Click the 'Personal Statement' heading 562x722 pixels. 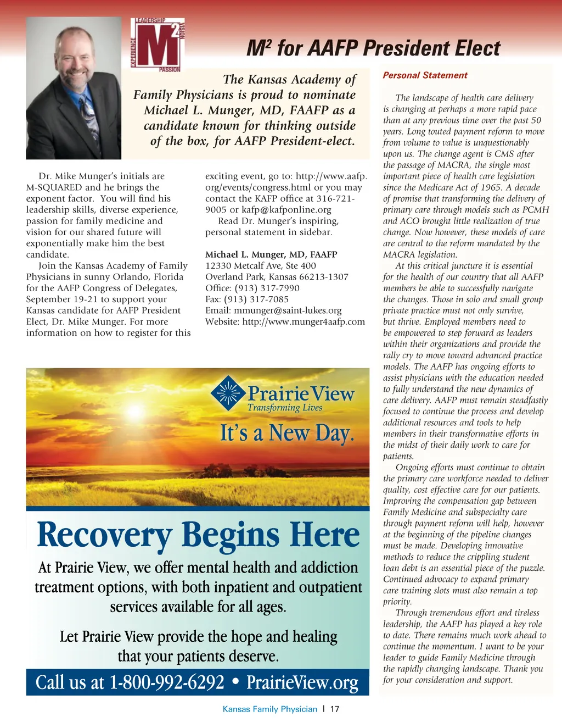pyautogui.click(x=425, y=75)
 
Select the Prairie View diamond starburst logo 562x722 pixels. pyautogui.click(x=227, y=393)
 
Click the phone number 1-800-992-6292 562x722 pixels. pyautogui.click(x=167, y=682)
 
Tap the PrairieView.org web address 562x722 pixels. pyautogui.click(x=302, y=682)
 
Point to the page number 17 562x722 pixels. pyautogui.click(x=334, y=709)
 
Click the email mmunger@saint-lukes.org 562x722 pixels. pyautogui.click(x=288, y=310)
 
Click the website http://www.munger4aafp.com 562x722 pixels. pyautogui.click(x=304, y=321)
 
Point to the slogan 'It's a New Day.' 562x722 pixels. pyautogui.click(x=286, y=434)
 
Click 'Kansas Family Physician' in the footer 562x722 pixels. pyautogui.click(x=269, y=709)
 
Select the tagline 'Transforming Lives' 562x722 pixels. pyautogui.click(x=284, y=408)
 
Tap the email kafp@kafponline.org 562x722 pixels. pyautogui.click(x=286, y=210)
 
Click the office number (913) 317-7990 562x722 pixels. pyautogui.click(x=267, y=288)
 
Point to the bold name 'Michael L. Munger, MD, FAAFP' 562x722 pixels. pyautogui.click(x=271, y=254)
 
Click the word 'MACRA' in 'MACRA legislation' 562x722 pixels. pyautogui.click(x=400, y=254)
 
